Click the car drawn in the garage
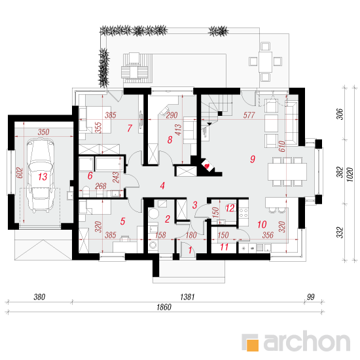pos(41,175)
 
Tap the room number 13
pos(43,177)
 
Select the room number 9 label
pos(253,159)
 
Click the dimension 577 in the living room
pos(249,115)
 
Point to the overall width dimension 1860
pos(164,307)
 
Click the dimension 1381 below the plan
pos(187,297)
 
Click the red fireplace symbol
pos(207,166)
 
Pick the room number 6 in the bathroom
pos(90,176)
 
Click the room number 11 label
pos(224,247)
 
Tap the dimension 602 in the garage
pos(20,173)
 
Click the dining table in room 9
pos(287,171)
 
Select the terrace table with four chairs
pos(265,62)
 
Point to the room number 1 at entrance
pos(190,250)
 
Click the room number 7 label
pos(130,128)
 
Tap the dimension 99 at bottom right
pos(311,297)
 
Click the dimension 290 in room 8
pos(171,115)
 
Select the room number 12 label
pos(230,208)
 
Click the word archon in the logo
pos(307,342)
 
